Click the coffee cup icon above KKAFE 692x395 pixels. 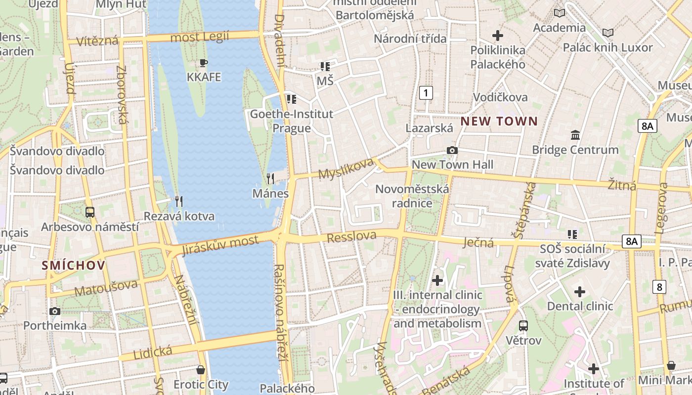(203, 63)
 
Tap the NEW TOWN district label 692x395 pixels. (499, 121)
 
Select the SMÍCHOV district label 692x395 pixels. (74, 265)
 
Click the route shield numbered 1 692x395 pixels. (426, 92)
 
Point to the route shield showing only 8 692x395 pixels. (658, 286)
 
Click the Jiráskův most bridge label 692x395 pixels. (220, 245)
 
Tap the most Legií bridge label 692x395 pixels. (199, 37)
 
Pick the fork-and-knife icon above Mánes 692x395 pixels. (270, 178)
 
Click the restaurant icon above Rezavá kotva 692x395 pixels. (179, 201)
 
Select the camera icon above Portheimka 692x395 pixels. (55, 311)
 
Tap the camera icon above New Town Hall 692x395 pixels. (452, 150)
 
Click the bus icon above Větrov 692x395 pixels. (523, 326)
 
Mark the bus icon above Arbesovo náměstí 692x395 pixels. (90, 212)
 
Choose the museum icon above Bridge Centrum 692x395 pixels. (575, 135)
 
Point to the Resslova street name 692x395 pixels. (351, 237)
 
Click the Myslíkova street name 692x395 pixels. (346, 169)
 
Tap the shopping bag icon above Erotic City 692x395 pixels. (201, 369)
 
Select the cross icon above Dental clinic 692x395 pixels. (580, 292)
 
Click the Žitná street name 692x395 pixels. (622, 186)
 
